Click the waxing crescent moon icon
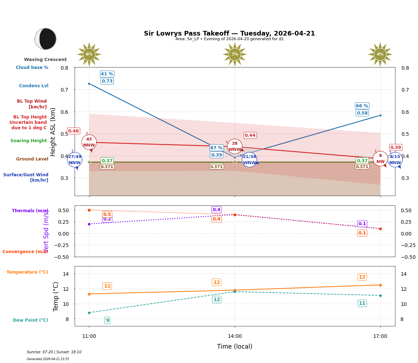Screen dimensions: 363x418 click(x=46, y=39)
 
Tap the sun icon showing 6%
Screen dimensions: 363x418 click(x=89, y=54)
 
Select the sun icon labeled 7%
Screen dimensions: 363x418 click(x=235, y=54)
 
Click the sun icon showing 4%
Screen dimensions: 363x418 click(x=380, y=54)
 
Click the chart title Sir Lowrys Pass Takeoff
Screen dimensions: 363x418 click(x=229, y=33)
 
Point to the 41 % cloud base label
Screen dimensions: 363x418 click(x=107, y=74)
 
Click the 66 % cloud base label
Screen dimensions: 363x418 click(x=362, y=106)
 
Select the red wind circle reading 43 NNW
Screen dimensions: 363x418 click(x=89, y=142)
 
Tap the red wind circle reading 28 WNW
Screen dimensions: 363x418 click(x=235, y=146)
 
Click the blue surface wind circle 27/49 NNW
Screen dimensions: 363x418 click(x=75, y=160)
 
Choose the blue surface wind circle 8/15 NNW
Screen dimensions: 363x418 click(x=395, y=160)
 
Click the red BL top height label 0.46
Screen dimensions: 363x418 click(x=74, y=131)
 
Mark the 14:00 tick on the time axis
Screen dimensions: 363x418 click(x=235, y=336)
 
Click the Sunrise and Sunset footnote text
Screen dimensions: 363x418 click(x=54, y=352)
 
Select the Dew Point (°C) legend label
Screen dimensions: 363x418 click(x=30, y=320)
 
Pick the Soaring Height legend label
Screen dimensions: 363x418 click(x=29, y=141)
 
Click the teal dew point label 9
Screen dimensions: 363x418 click(x=107, y=320)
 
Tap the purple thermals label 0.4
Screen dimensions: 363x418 click(x=216, y=210)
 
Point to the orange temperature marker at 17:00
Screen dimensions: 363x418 click(x=380, y=285)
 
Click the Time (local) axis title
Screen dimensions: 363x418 click(x=235, y=346)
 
